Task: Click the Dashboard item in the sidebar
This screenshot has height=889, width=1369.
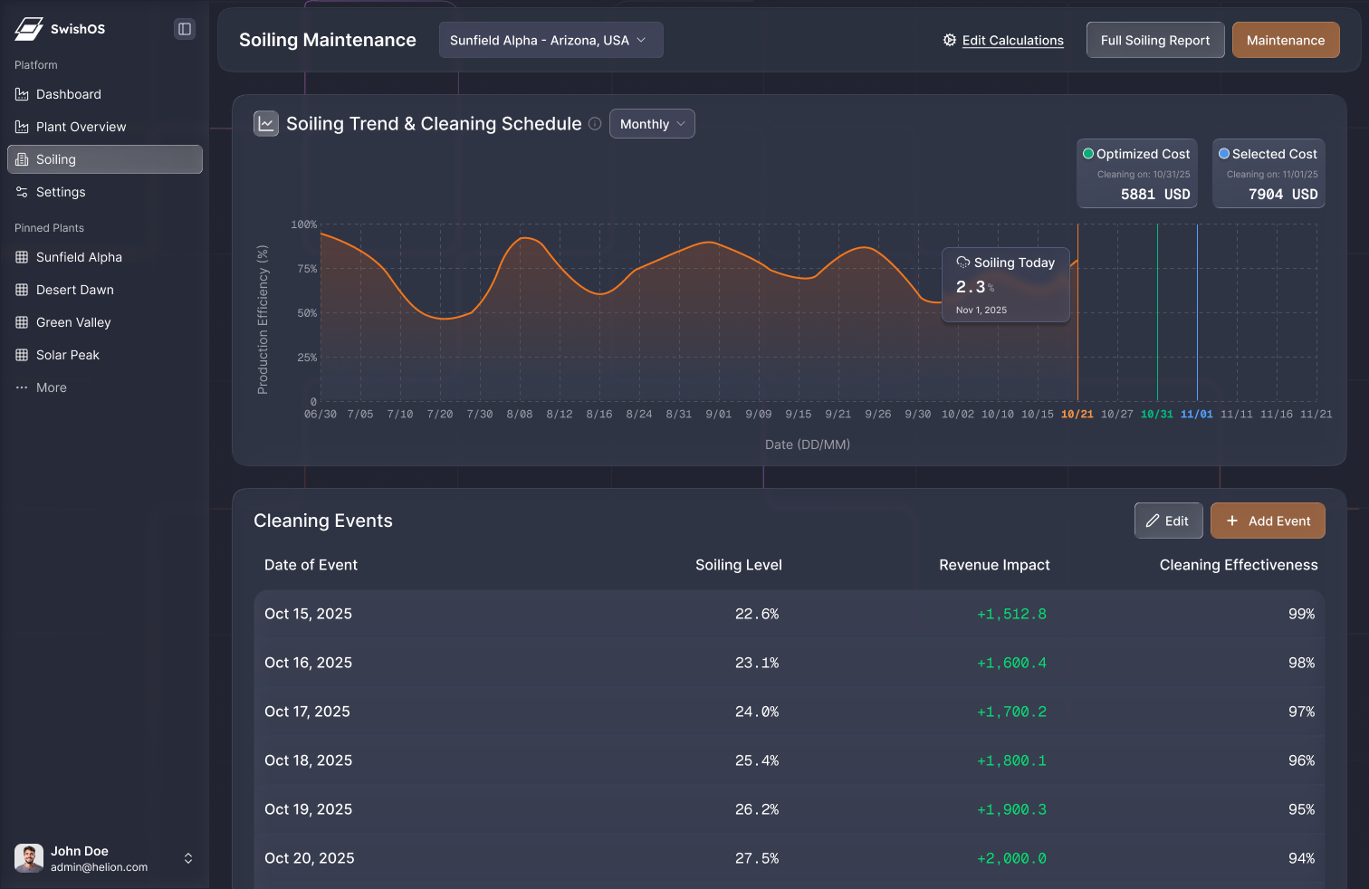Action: pyautogui.click(x=68, y=94)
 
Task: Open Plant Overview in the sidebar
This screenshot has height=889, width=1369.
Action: pyautogui.click(x=81, y=127)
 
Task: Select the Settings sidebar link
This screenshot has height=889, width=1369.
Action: pyautogui.click(x=60, y=192)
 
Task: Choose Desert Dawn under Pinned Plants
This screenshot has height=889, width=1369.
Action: pyautogui.click(x=74, y=290)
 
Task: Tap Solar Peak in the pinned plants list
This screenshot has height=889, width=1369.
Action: pyautogui.click(x=67, y=355)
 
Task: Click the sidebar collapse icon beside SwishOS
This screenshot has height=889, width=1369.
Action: pyautogui.click(x=185, y=29)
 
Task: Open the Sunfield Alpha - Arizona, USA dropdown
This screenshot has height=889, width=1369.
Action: pyautogui.click(x=550, y=40)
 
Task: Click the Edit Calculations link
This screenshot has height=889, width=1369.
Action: pyautogui.click(x=1012, y=41)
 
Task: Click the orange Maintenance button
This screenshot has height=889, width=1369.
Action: pyautogui.click(x=1285, y=40)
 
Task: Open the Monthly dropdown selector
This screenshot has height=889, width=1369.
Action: pyautogui.click(x=652, y=124)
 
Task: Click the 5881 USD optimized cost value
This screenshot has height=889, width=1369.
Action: pyautogui.click(x=1154, y=195)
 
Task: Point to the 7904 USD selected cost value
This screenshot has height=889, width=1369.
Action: pyautogui.click(x=1282, y=195)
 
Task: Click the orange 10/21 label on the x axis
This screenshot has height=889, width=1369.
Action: pyautogui.click(x=1077, y=414)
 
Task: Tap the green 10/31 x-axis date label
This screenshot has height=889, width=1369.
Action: pyautogui.click(x=1156, y=414)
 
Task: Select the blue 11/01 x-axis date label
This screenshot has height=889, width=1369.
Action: pyautogui.click(x=1196, y=414)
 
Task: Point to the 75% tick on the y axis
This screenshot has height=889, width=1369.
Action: pyautogui.click(x=307, y=269)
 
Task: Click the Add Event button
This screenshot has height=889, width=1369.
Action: pyautogui.click(x=1267, y=521)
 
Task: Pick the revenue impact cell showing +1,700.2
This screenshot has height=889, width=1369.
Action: pyautogui.click(x=1011, y=712)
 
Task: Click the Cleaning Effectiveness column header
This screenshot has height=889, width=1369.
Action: pyautogui.click(x=1238, y=565)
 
